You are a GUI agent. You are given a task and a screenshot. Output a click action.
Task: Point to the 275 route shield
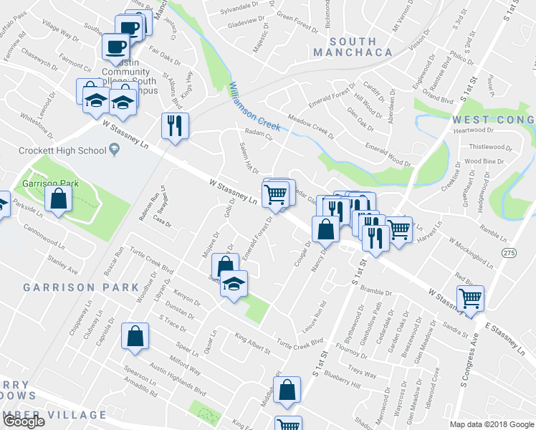pyautogui.click(x=509, y=253)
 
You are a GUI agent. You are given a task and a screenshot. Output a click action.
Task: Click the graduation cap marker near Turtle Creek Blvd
pyautogui.click(x=234, y=284)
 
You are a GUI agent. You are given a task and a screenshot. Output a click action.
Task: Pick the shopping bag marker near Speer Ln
pyautogui.click(x=135, y=337)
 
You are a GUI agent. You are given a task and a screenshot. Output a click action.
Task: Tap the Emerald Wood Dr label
pyautogui.click(x=387, y=156)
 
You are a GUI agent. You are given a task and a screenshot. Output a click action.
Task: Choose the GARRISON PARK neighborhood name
pyautogui.click(x=80, y=287)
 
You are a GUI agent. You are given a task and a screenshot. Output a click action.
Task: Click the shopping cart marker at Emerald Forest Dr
pyautogui.click(x=276, y=193)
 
